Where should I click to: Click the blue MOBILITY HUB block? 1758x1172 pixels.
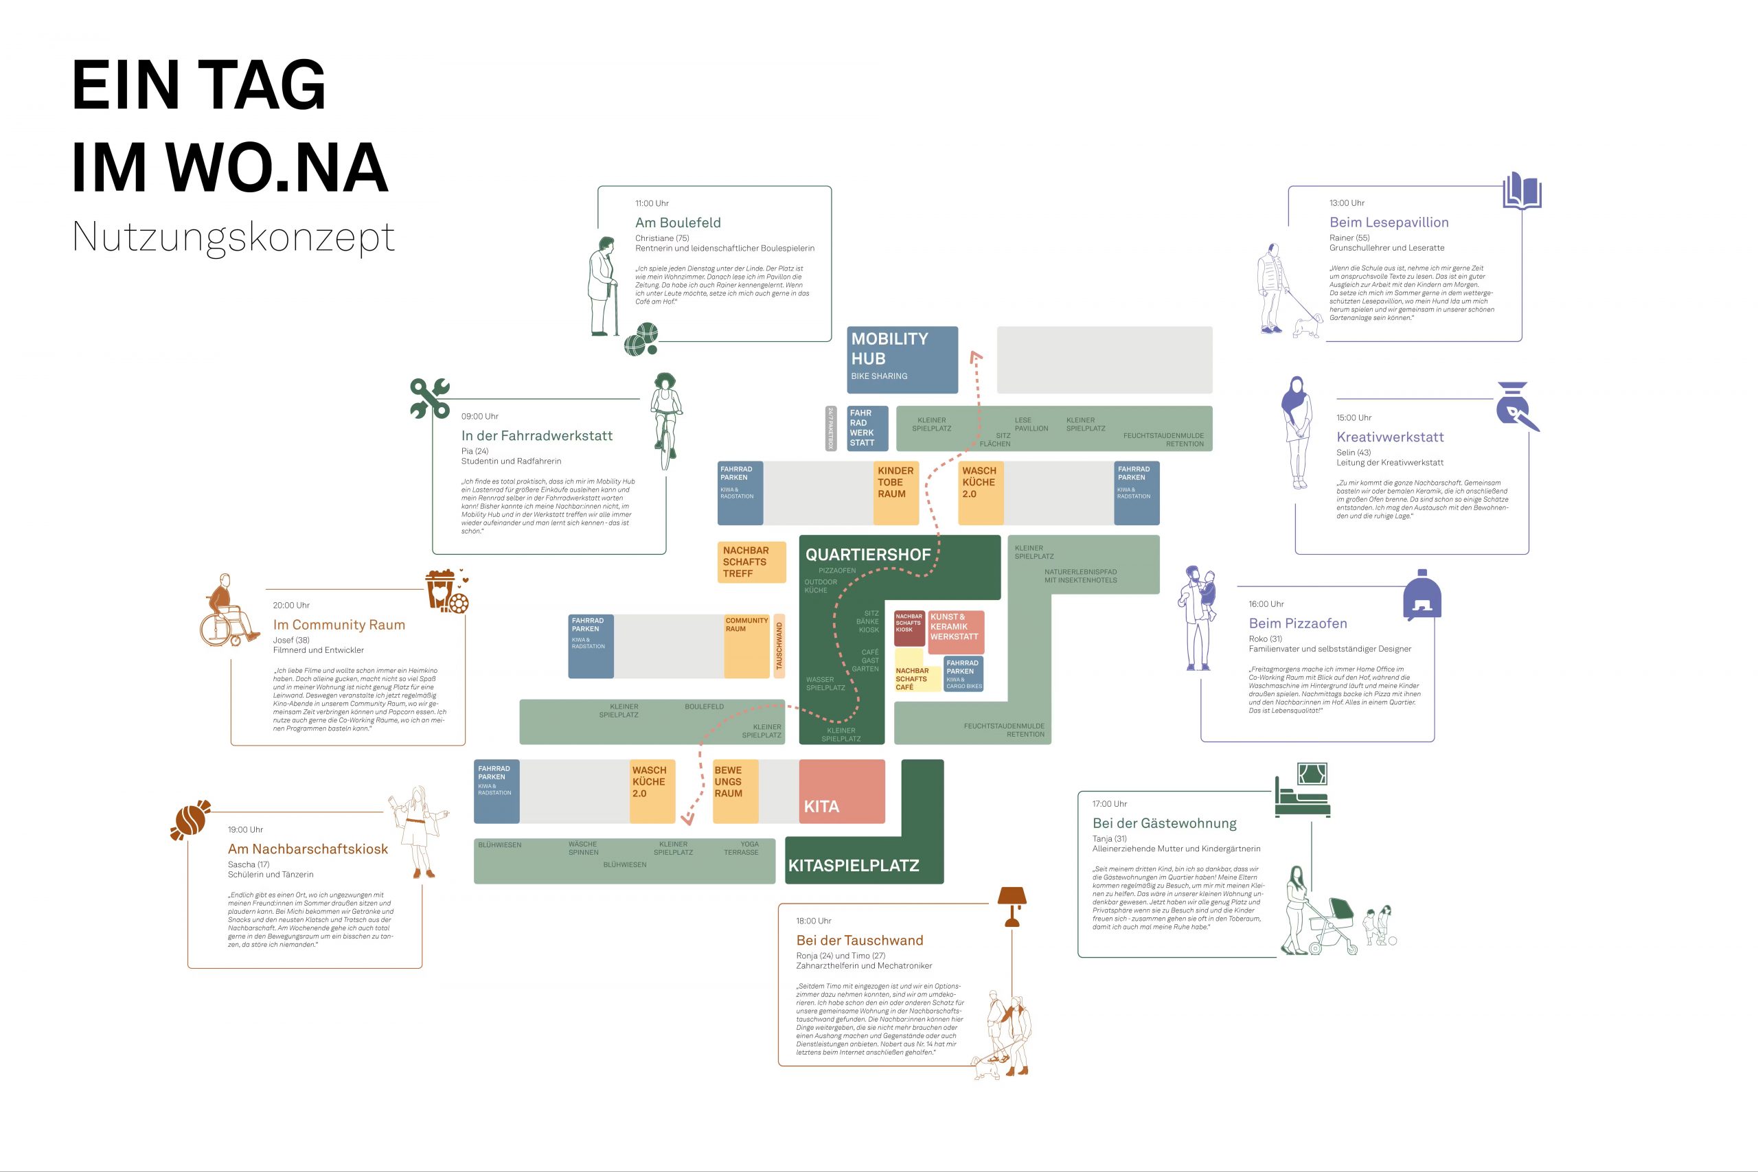[x=902, y=360]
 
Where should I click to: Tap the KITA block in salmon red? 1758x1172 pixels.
[x=842, y=792]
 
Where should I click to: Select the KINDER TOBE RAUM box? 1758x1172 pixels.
[x=896, y=492]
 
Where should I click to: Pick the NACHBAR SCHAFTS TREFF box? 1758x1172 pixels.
[x=751, y=562]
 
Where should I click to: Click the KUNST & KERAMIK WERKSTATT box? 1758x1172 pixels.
[x=956, y=632]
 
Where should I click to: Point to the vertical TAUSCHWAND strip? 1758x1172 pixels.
[x=779, y=647]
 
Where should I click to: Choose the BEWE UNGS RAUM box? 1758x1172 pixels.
[x=735, y=792]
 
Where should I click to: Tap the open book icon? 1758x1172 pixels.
[x=1522, y=191]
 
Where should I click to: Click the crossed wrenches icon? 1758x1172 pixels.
[x=430, y=398]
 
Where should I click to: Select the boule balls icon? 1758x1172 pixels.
[x=641, y=339]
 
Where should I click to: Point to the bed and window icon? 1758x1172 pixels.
[x=1302, y=790]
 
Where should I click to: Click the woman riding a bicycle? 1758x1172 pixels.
[x=665, y=420]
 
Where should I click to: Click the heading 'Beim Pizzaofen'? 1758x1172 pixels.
[x=1298, y=623]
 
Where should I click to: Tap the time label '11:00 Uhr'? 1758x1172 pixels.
[x=652, y=203]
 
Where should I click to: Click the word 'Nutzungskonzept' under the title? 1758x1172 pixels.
[x=233, y=237]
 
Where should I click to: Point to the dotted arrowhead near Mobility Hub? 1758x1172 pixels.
[x=974, y=356]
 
